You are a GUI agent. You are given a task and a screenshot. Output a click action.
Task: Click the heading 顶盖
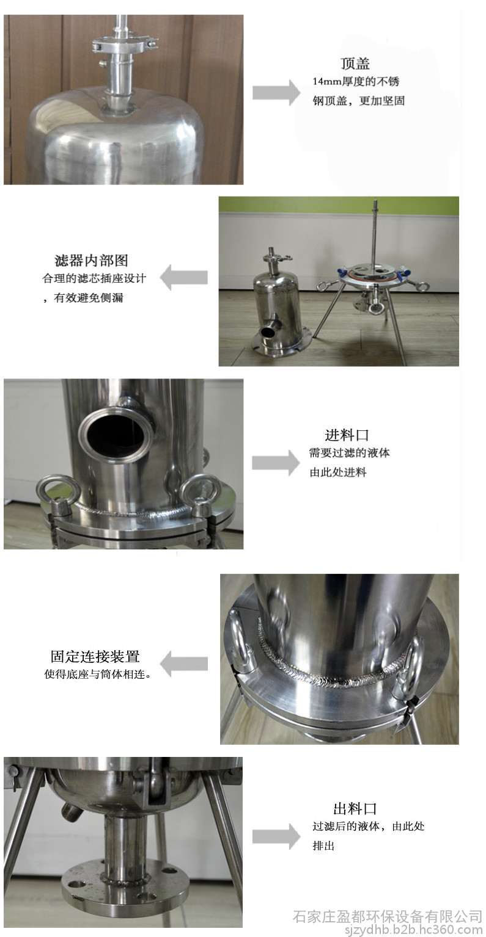click(355, 63)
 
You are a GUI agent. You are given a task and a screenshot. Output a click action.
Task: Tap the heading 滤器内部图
click(91, 260)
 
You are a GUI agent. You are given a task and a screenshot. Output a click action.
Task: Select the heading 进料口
click(347, 435)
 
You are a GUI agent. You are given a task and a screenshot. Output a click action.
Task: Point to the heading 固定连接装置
click(95, 656)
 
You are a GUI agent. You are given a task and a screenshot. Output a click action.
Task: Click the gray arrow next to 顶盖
click(276, 92)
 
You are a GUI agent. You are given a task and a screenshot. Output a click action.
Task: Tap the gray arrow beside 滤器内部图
click(183, 277)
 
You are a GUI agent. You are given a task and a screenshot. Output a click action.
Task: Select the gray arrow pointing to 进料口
click(276, 463)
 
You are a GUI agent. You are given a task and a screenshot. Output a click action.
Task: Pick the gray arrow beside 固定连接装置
click(183, 664)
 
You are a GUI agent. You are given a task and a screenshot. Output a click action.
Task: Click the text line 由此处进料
click(338, 472)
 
